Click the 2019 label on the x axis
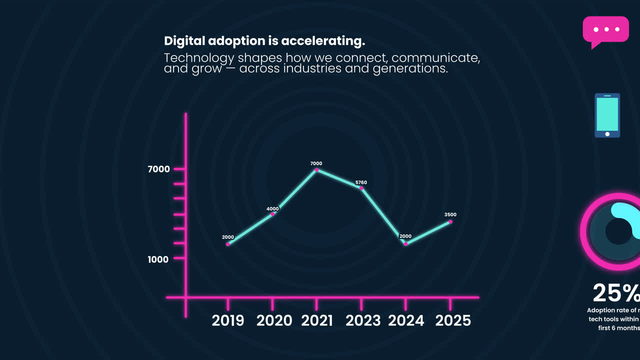[x=228, y=320]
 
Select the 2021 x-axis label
[x=317, y=320]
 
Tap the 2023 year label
[x=363, y=320]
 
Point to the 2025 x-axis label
[x=453, y=320]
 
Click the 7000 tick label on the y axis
[x=159, y=169]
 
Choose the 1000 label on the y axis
[x=158, y=259]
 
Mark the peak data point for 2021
[x=316, y=170]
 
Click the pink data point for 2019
[x=228, y=244]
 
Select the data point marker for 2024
[x=405, y=244]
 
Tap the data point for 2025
[x=450, y=221]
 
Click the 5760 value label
[x=361, y=182]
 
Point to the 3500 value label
[x=450, y=214]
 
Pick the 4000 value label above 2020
[x=272, y=208]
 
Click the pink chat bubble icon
[x=605, y=30]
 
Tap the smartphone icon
[x=607, y=115]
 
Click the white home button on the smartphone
[x=607, y=134]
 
